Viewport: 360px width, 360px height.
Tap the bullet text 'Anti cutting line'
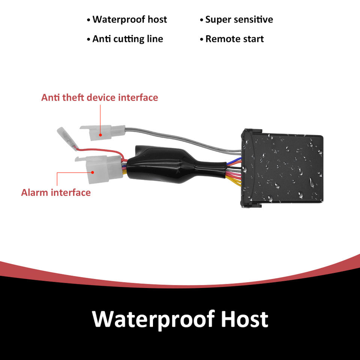[x=127, y=39]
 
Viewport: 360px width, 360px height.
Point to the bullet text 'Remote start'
[x=234, y=39]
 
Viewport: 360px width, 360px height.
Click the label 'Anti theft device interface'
[x=99, y=97]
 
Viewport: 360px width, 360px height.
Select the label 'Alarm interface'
[x=56, y=193]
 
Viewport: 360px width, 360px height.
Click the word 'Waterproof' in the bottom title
[x=152, y=319]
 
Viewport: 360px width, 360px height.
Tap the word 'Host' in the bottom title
[x=244, y=319]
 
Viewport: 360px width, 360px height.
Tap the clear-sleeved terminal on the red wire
[x=67, y=137]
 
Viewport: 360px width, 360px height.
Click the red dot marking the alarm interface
[x=93, y=172]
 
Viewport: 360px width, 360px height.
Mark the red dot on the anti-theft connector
[x=100, y=134]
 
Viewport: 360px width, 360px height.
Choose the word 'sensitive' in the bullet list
[x=253, y=19]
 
